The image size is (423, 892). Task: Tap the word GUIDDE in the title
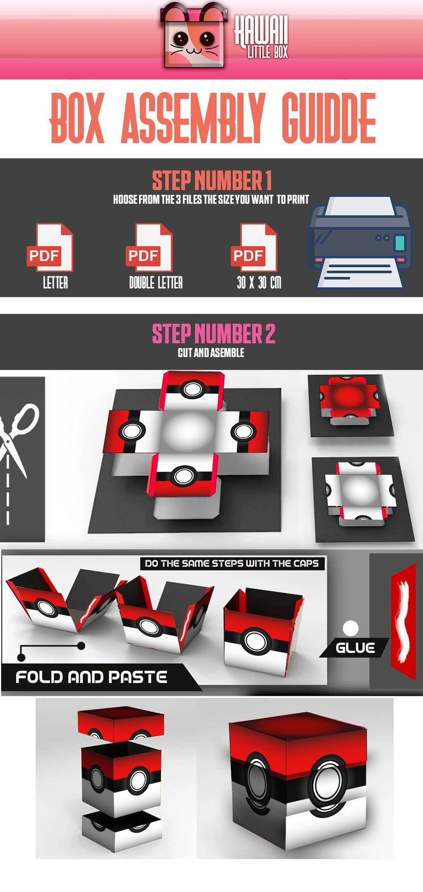[x=328, y=118]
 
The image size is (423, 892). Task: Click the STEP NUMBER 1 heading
[x=211, y=181]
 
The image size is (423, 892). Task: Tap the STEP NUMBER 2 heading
[x=213, y=334]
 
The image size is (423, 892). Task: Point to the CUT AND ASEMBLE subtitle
[x=211, y=353]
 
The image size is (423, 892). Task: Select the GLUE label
[x=355, y=648]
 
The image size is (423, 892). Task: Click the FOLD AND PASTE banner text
[x=91, y=677]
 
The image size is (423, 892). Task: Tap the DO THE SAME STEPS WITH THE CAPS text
[x=232, y=564]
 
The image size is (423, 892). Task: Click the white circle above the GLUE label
[x=351, y=628]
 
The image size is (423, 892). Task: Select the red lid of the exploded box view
[x=120, y=724]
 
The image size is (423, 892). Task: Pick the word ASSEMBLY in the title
[x=192, y=118]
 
